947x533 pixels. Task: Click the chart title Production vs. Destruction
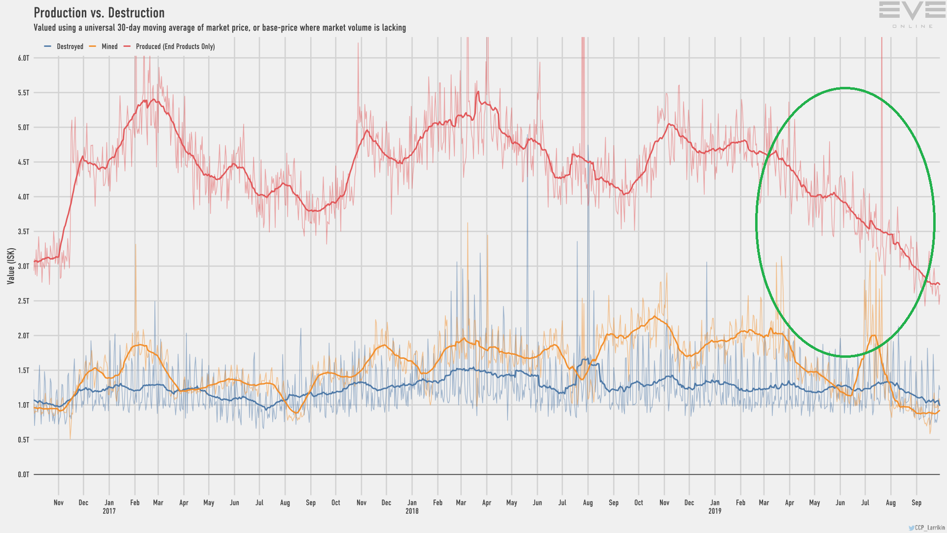point(99,13)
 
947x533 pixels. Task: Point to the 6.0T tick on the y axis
point(24,58)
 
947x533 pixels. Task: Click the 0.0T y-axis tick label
point(24,475)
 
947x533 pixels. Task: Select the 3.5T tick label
point(24,231)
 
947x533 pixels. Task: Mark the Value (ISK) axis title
point(11,266)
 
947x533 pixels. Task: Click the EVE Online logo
point(912,14)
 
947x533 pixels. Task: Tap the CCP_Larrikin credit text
point(929,528)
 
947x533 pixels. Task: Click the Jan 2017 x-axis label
point(109,506)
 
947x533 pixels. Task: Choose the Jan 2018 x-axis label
point(412,506)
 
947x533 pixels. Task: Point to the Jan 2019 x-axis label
point(715,506)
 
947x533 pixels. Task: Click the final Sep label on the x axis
point(916,502)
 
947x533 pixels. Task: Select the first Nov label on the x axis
point(59,502)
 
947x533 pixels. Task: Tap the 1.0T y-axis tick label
point(24,405)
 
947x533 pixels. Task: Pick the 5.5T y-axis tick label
point(24,93)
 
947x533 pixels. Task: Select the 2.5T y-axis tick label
point(24,301)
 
